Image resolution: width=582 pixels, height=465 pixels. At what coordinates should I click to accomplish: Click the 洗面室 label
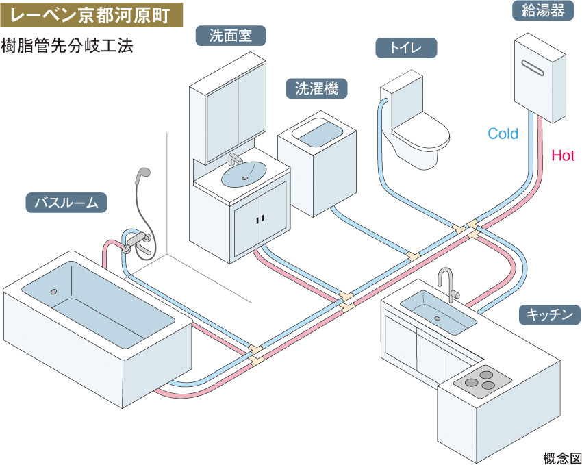click(229, 36)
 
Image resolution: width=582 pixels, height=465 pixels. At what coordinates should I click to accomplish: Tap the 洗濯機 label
click(316, 88)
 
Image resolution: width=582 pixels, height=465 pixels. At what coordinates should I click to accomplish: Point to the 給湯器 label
click(542, 12)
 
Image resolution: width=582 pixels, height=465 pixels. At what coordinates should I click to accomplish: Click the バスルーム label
click(67, 203)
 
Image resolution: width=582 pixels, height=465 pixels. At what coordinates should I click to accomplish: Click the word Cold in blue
click(503, 134)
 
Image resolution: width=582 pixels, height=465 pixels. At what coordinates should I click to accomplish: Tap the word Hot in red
click(563, 156)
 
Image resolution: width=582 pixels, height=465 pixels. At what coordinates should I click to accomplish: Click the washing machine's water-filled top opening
click(317, 134)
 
